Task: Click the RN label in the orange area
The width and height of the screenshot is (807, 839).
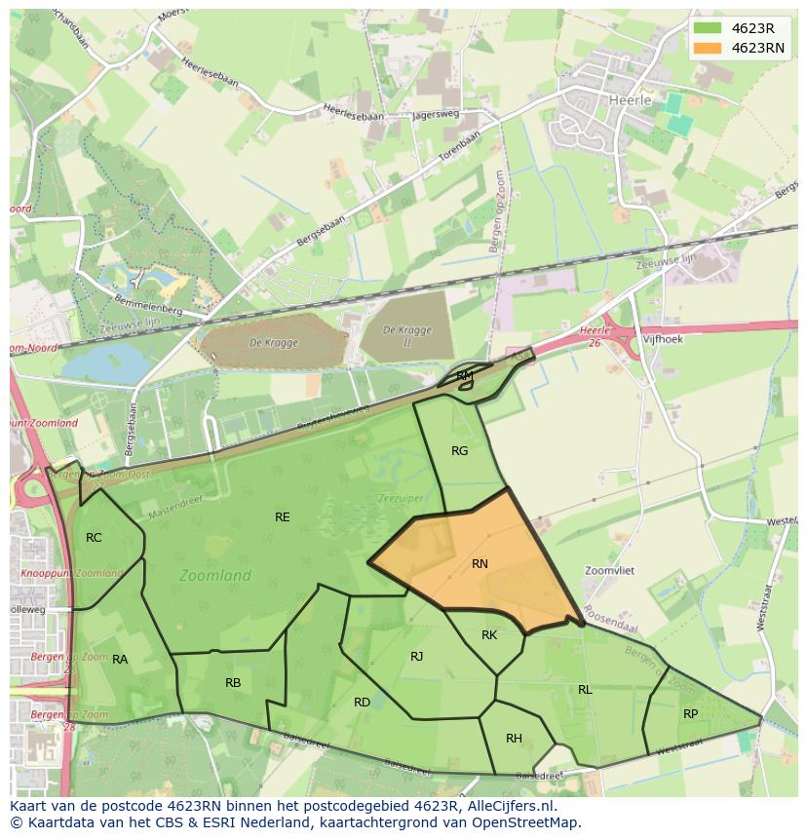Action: tap(480, 564)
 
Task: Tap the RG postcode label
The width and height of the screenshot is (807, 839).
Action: tap(460, 451)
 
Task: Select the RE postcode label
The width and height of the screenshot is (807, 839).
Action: tap(282, 517)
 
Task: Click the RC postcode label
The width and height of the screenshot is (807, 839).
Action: tap(94, 538)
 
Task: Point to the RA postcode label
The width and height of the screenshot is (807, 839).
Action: tap(120, 660)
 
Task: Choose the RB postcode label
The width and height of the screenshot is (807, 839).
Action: tap(233, 683)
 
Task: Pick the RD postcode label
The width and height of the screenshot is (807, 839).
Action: tap(362, 703)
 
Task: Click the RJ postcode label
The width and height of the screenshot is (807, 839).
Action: tap(417, 657)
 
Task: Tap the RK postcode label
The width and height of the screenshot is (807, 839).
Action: tap(489, 635)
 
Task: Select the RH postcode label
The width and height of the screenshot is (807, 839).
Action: tap(514, 739)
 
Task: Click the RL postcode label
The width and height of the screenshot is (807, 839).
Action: tap(585, 690)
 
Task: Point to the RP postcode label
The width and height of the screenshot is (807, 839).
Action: tap(690, 714)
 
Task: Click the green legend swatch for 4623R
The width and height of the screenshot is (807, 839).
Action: tap(709, 28)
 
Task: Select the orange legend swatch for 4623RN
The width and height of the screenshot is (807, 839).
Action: tap(709, 48)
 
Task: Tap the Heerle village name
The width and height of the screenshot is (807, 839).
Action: tap(628, 99)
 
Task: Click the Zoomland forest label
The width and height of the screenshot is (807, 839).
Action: tap(215, 576)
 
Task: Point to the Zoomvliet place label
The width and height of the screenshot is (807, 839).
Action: tap(610, 571)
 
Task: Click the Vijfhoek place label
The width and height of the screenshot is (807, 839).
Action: tap(663, 339)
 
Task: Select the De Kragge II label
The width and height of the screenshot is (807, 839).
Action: tap(406, 335)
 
